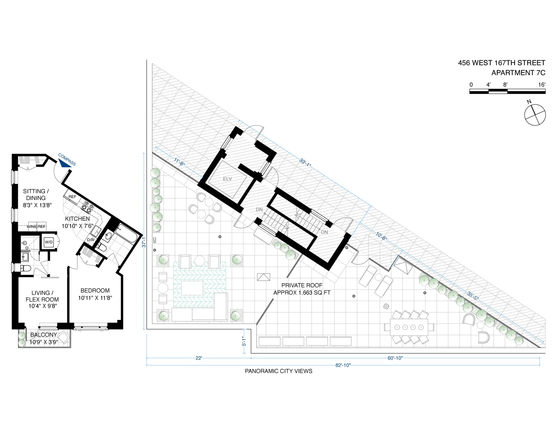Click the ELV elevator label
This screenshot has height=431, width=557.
click(x=227, y=179)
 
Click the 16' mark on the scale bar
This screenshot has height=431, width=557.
click(x=542, y=85)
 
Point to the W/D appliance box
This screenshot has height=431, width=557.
click(x=49, y=242)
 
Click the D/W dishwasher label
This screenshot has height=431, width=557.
click(x=91, y=240)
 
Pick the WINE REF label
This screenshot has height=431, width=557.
click(x=36, y=226)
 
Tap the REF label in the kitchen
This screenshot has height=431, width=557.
click(x=72, y=197)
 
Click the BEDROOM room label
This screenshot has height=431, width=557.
click(x=95, y=291)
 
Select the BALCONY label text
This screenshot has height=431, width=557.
click(x=44, y=335)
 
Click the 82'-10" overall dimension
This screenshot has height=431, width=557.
click(x=343, y=365)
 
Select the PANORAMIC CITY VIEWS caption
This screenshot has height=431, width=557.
click(x=278, y=371)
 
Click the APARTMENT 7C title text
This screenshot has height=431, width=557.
click(x=518, y=73)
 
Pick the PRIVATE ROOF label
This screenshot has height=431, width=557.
click(x=302, y=285)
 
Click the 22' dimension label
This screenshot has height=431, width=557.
click(x=199, y=358)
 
